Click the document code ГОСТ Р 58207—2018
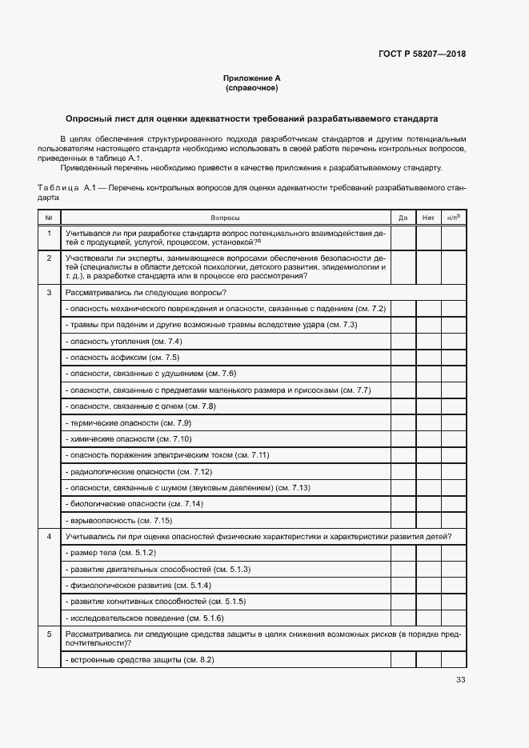(x=422, y=54)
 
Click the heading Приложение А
(x=252, y=78)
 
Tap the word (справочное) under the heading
(x=252, y=88)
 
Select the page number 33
(x=460, y=680)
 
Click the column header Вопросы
(x=225, y=218)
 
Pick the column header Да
(x=403, y=218)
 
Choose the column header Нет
(x=428, y=218)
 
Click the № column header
(x=49, y=218)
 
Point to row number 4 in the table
(x=49, y=536)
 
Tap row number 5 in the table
(x=49, y=634)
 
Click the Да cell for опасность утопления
(x=403, y=341)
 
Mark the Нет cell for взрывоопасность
(x=428, y=520)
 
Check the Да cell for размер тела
(x=403, y=553)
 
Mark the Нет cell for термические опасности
(x=428, y=422)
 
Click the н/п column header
(x=453, y=218)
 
